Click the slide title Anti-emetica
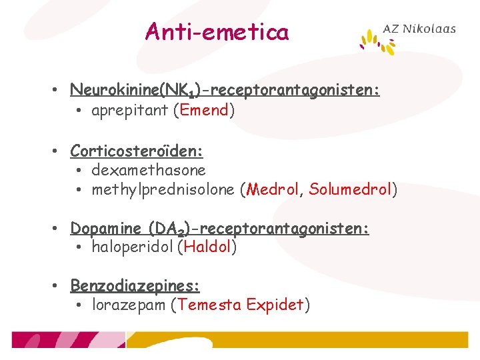pos(217,31)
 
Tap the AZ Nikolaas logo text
pos(419,29)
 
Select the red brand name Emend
pos(203,111)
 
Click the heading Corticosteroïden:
pos(137,151)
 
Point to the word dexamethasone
pos(148,171)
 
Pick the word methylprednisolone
pos(163,190)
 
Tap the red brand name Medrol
pos(272,190)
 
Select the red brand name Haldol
pos(207,247)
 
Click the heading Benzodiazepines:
pos(135,286)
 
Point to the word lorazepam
pos(129,305)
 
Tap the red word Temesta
pos(209,305)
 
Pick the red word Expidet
pos(275,305)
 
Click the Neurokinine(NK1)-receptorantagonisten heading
pos(225,90)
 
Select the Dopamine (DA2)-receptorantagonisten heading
pos(220,229)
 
